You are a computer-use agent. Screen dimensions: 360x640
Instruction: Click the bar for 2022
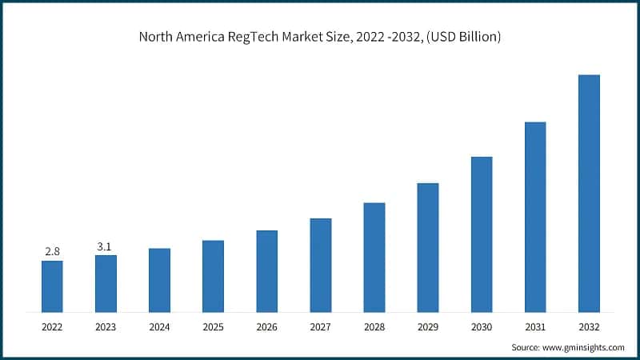pos(52,286)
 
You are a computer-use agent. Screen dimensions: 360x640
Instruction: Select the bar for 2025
pos(213,276)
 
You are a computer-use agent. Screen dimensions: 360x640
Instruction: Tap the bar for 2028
pos(374,258)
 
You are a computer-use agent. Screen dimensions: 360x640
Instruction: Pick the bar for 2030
pos(482,234)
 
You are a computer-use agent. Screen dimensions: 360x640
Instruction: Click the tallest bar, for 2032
pos(589,194)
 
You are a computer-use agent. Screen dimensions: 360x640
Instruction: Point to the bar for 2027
pos(320,265)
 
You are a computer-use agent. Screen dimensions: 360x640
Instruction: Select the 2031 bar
pos(535,217)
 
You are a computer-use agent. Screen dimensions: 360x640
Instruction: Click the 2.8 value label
pos(52,252)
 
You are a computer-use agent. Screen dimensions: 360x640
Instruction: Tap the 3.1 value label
pos(105,247)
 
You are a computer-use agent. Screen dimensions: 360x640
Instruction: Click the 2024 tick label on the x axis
pos(159,327)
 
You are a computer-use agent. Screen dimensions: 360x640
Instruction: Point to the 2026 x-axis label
pos(266,327)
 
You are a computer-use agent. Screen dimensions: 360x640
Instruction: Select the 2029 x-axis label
pos(428,327)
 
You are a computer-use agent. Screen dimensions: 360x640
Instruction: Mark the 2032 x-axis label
pos(589,327)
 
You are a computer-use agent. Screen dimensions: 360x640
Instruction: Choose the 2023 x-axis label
pos(106,327)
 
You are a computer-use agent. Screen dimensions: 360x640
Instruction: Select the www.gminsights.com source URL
pos(583,347)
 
